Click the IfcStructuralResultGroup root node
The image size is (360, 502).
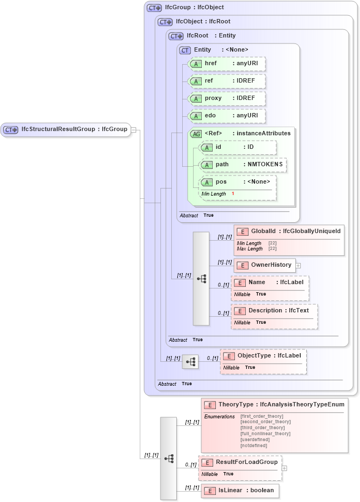[x=66, y=129]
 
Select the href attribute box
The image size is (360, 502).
[x=226, y=64]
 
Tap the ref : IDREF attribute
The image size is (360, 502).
[x=226, y=81]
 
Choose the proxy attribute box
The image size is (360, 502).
[x=226, y=98]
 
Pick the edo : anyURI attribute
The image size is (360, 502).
[x=226, y=116]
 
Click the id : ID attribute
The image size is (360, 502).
[x=238, y=147]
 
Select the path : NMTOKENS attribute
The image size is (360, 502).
[x=243, y=165]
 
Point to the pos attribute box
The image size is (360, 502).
[x=238, y=182]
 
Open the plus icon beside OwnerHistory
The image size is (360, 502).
[x=298, y=266]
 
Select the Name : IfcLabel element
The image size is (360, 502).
[x=270, y=283]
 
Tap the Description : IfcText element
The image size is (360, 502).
[x=274, y=311]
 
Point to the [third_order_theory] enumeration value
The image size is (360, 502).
[x=262, y=428]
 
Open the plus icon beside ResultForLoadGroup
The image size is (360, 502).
[x=284, y=468]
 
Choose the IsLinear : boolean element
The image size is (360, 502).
[x=240, y=490]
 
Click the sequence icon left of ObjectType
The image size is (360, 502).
[x=190, y=362]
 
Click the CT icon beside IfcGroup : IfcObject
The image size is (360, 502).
[x=154, y=8]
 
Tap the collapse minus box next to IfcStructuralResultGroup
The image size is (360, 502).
[x=134, y=130]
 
